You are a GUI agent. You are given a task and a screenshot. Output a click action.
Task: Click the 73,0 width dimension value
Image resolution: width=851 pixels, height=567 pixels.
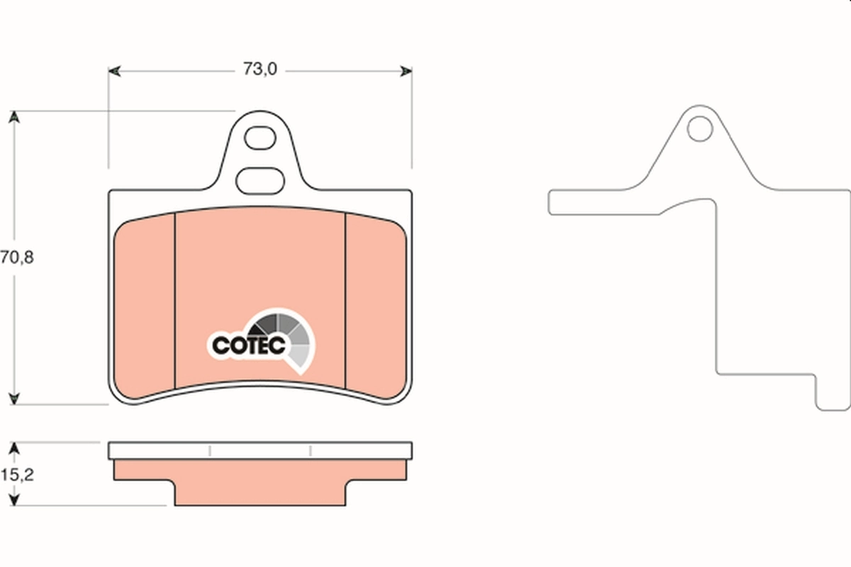point(260,69)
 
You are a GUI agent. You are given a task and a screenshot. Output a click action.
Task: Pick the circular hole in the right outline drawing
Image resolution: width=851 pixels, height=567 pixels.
point(699,128)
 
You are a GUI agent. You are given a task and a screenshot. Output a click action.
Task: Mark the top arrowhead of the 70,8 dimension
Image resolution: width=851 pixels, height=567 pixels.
point(13,116)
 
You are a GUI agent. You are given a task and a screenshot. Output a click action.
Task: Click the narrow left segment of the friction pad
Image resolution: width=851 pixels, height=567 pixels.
point(145,305)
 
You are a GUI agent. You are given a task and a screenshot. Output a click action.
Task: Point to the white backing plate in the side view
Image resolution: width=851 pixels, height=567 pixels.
point(260,451)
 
